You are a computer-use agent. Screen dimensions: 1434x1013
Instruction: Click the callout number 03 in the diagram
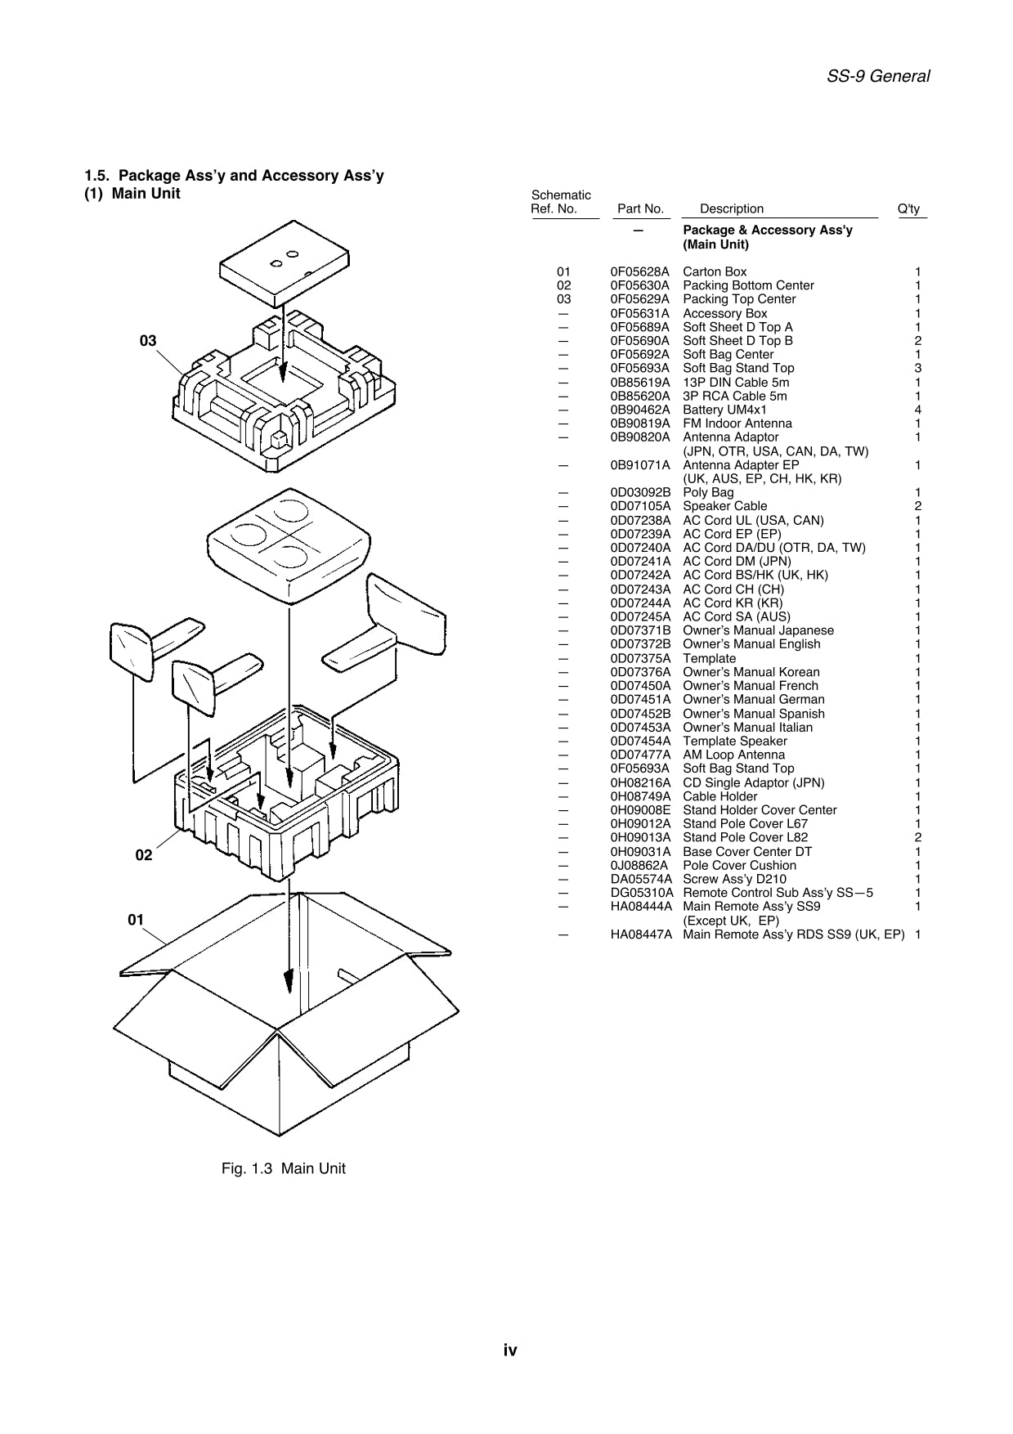click(148, 341)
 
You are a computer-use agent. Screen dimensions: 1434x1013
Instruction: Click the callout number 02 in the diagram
click(144, 855)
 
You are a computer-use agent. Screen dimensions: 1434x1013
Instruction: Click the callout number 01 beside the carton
click(136, 920)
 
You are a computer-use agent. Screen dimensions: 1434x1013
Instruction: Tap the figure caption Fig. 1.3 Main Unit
click(283, 1168)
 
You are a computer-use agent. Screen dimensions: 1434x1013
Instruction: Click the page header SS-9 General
click(878, 77)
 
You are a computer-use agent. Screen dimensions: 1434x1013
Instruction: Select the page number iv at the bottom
click(510, 1350)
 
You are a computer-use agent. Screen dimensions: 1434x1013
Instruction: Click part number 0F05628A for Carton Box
click(639, 271)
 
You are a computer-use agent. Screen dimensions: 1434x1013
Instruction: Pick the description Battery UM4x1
click(724, 410)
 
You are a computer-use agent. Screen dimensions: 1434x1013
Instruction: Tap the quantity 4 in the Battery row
click(918, 410)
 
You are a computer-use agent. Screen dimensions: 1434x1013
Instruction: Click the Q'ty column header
click(908, 208)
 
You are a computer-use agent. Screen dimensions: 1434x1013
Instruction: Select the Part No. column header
click(640, 208)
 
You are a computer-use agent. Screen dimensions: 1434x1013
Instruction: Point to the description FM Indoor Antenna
click(737, 423)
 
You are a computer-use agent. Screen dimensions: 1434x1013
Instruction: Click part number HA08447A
click(641, 934)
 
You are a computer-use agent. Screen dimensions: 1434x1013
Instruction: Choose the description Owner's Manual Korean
click(751, 672)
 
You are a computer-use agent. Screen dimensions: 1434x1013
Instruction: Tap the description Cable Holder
click(719, 796)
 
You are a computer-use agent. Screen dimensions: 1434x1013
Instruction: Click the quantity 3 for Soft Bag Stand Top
click(918, 368)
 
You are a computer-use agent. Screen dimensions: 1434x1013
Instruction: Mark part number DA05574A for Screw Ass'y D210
click(641, 879)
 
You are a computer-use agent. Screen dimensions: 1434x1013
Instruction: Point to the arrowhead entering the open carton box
click(288, 982)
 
